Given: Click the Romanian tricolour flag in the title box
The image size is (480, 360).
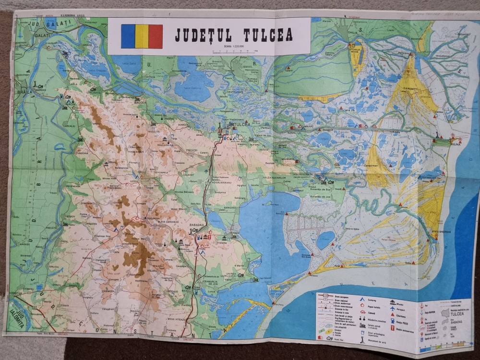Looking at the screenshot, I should [142, 36].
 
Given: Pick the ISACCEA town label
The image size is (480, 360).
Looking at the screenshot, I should [127, 102].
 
